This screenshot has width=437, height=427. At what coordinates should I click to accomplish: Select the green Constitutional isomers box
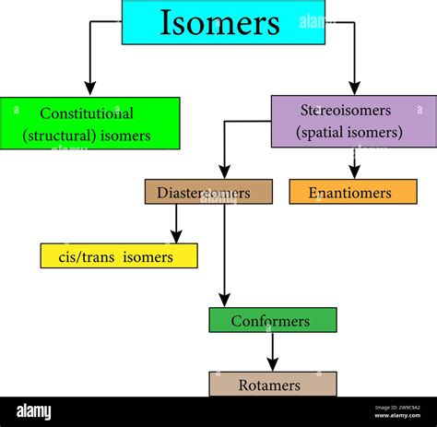coord(89,124)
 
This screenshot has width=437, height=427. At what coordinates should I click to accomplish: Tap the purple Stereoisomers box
coord(353,121)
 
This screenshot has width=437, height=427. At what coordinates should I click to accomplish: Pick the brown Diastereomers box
coord(208,192)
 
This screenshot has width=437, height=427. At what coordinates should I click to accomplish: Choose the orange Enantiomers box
coord(352,192)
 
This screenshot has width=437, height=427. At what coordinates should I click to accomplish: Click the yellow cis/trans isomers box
coord(118,255)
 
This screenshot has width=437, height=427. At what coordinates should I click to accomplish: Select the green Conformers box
coord(272,320)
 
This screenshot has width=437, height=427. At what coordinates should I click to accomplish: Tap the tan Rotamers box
coord(272,384)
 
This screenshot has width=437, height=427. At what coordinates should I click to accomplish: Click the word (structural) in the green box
coord(59,136)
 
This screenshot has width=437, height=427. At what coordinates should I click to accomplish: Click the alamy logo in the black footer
coord(34,411)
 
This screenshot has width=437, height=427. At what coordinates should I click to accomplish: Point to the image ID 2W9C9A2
coord(399,407)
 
